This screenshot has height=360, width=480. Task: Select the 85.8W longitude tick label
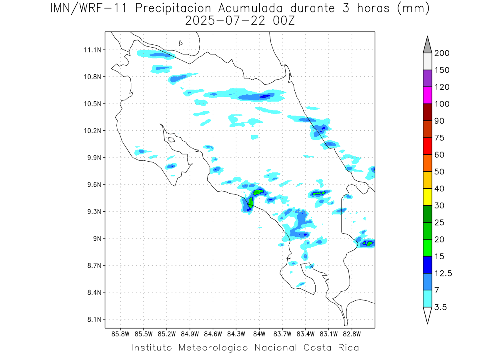click(x=121, y=334)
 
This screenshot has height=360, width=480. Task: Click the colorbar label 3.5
click(x=440, y=307)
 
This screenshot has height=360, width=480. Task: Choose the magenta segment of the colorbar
click(x=428, y=95)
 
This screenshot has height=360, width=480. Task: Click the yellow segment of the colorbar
click(x=428, y=196)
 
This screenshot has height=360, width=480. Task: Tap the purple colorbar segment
click(x=428, y=78)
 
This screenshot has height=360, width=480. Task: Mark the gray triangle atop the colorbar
click(x=428, y=45)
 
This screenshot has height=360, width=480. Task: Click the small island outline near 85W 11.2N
click(x=181, y=43)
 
